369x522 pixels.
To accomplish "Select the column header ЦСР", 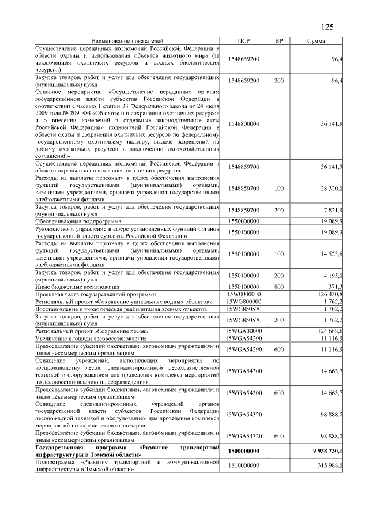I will pyautogui.click(x=244, y=41).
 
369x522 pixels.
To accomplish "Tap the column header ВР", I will pyautogui.click(x=279, y=41).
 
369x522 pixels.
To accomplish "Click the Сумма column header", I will pyautogui.click(x=316, y=41).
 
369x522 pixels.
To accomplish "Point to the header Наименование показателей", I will pyautogui.click(x=127, y=41).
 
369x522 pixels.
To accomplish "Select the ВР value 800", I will pyautogui.click(x=279, y=287).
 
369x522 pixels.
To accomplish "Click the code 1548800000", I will pyautogui.click(x=244, y=124).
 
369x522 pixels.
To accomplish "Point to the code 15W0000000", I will pyautogui.click(x=244, y=294).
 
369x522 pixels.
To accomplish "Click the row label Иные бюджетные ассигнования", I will pyautogui.click(x=77, y=287).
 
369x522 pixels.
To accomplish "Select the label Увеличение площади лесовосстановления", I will pyautogui.click(x=92, y=339).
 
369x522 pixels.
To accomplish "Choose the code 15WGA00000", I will pyautogui.click(x=244, y=331).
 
